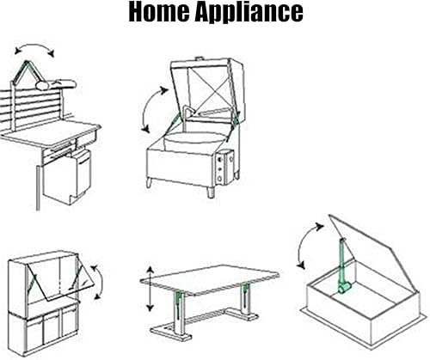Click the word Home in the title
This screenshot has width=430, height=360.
(x=159, y=11)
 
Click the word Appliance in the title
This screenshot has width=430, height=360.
(x=249, y=13)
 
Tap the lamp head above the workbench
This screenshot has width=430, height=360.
(x=56, y=84)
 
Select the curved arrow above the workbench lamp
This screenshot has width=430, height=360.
(x=34, y=46)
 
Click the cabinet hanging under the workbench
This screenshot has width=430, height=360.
(x=67, y=176)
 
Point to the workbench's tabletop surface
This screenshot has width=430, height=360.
(x=51, y=132)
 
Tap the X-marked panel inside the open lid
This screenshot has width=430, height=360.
(x=209, y=88)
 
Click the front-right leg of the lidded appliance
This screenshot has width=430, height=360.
(x=211, y=192)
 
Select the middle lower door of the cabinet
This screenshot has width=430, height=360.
(x=52, y=327)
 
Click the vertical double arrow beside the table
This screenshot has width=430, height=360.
(x=150, y=289)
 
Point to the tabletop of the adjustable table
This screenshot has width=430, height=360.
(x=210, y=279)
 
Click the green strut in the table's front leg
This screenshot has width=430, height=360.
(x=178, y=305)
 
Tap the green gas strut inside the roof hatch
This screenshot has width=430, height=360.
(x=342, y=266)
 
